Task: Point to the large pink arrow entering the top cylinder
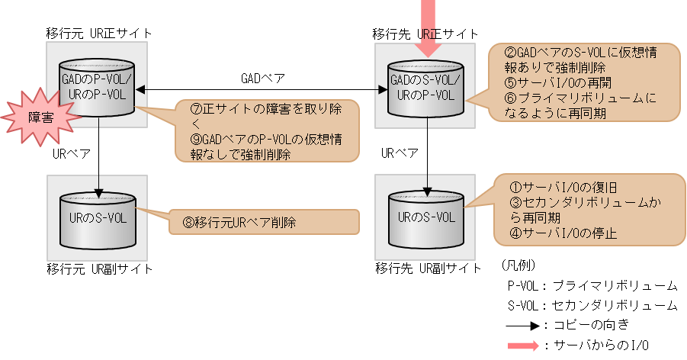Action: pyautogui.click(x=430, y=31)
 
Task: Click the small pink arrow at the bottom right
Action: pyautogui.click(x=524, y=346)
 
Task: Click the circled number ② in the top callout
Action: pyautogui.click(x=511, y=53)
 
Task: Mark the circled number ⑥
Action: pyautogui.click(x=511, y=98)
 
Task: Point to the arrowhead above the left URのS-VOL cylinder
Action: pyautogui.click(x=98, y=191)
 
